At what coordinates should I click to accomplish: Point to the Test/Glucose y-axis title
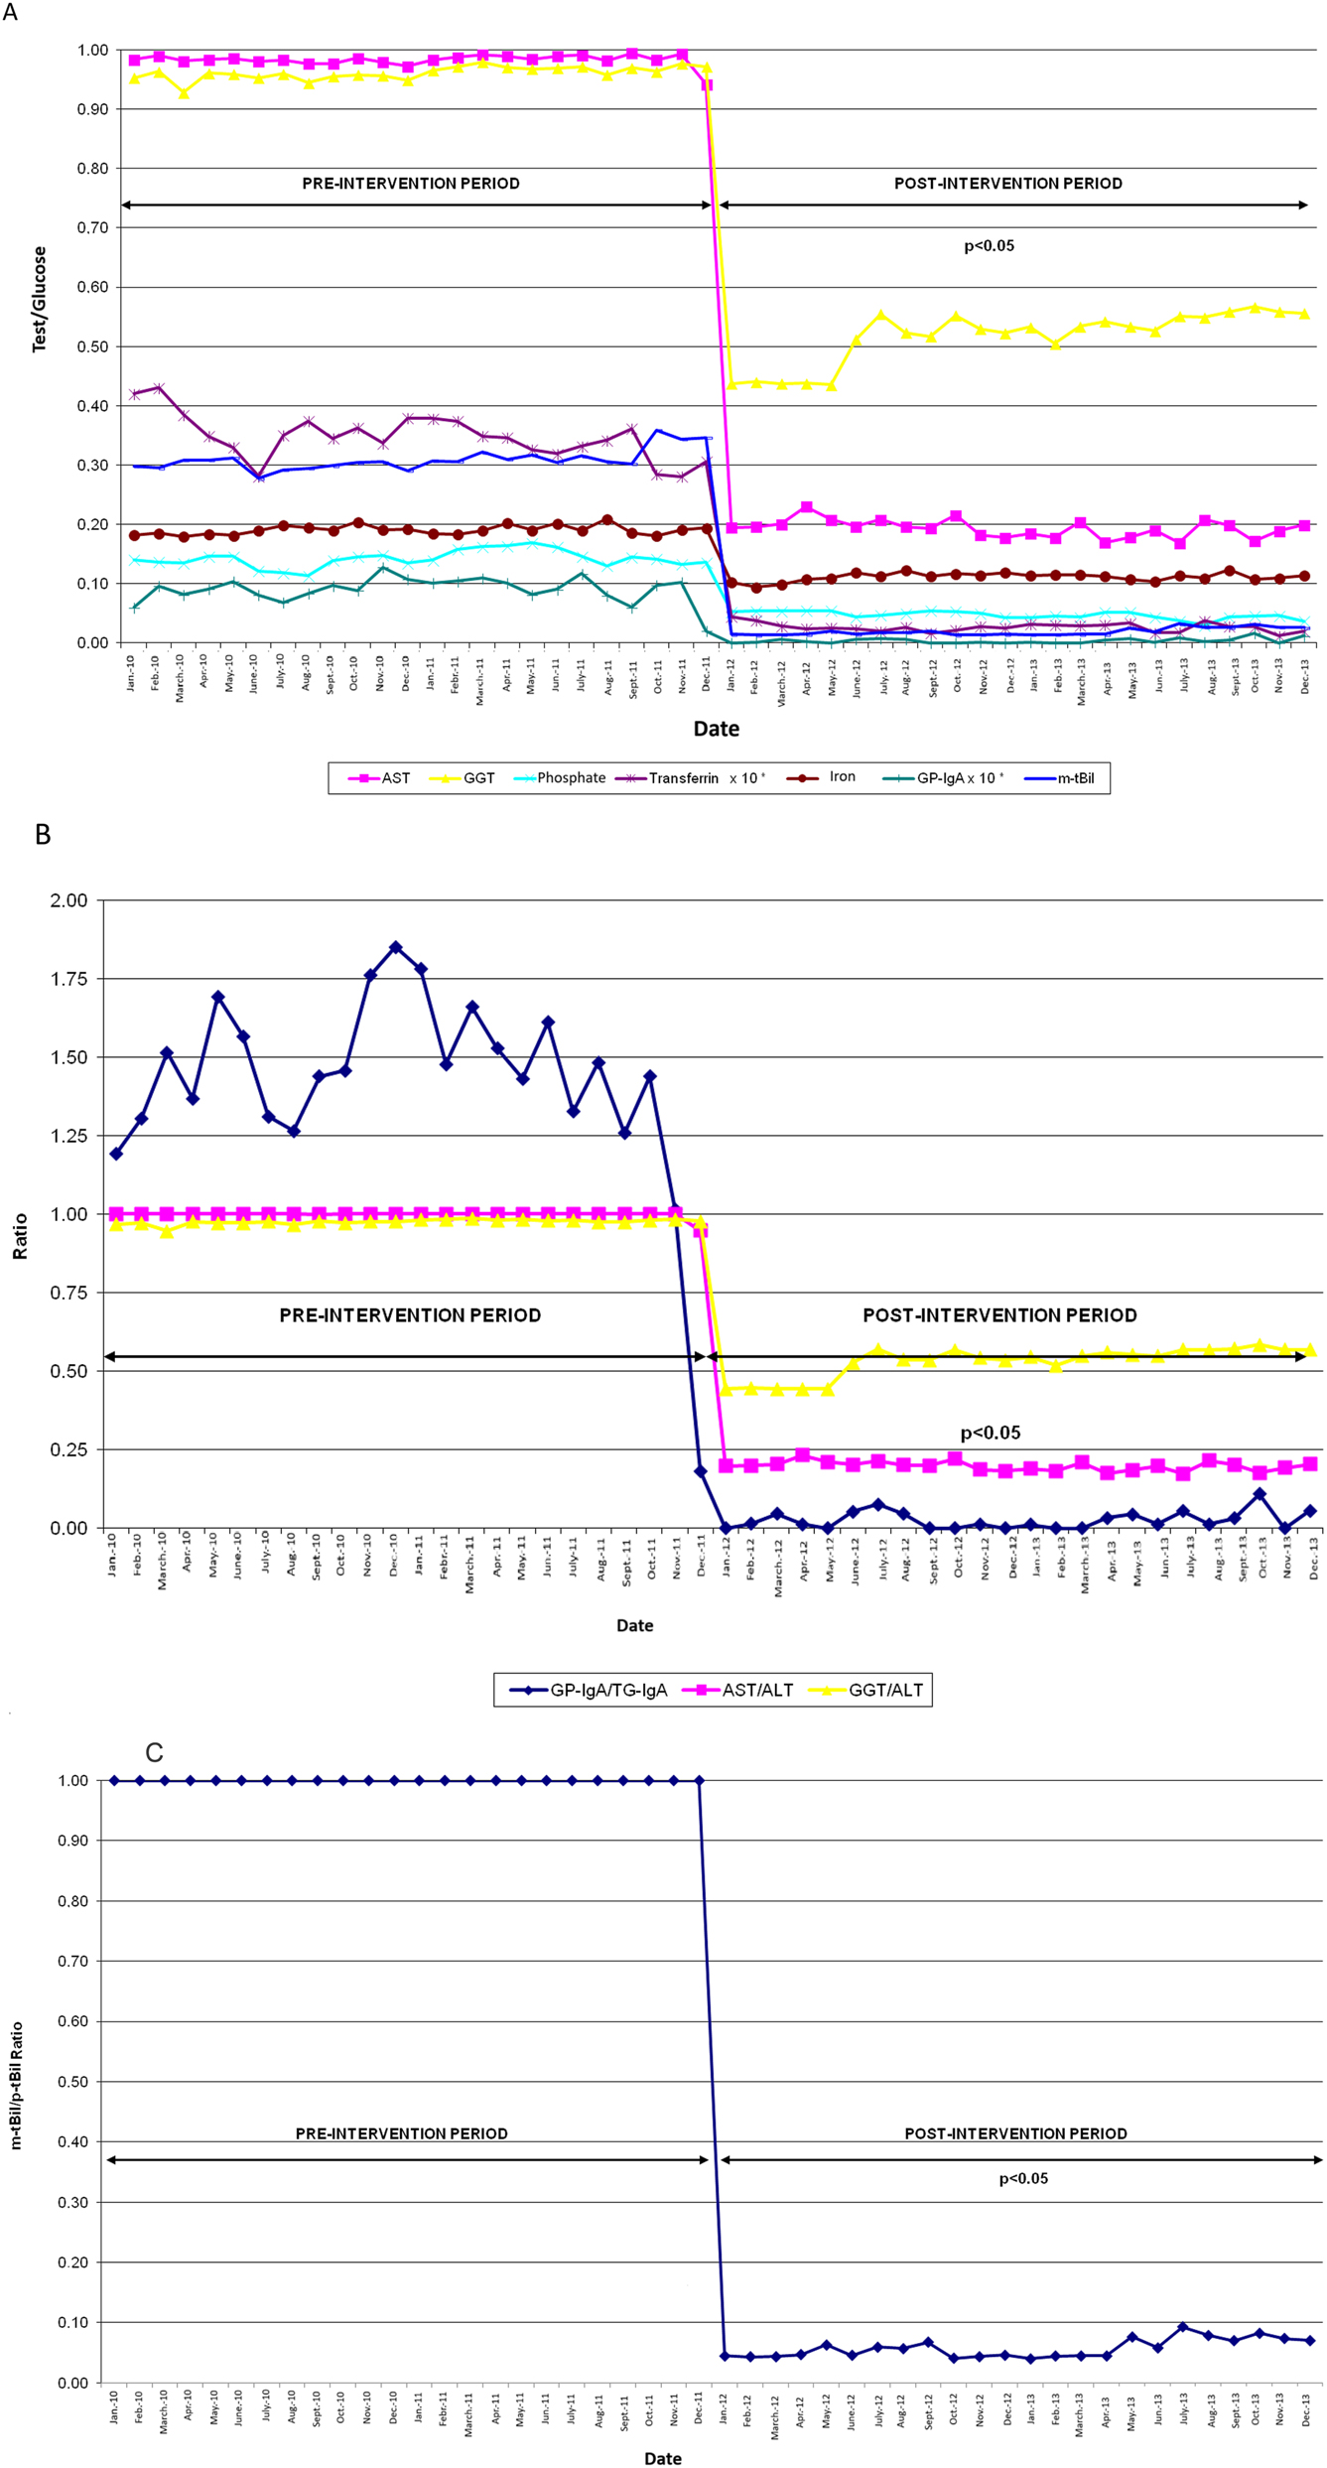pos(40,299)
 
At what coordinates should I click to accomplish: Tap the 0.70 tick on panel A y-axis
pos(92,227)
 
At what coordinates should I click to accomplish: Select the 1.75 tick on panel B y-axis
pos(68,979)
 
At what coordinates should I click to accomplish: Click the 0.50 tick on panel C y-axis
pos(74,2082)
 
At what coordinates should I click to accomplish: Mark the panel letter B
pos(43,835)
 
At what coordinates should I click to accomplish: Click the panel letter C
pos(154,1753)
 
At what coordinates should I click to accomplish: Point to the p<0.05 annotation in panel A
pos(989,246)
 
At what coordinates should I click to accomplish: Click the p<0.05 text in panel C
pos(1022,2179)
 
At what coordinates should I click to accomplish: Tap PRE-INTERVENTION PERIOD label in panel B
pos(410,1315)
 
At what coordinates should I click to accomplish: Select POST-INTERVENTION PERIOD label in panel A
pos(1007,184)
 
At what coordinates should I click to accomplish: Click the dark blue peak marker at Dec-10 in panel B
pos(396,947)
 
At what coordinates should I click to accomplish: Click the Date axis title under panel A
pos(716,729)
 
